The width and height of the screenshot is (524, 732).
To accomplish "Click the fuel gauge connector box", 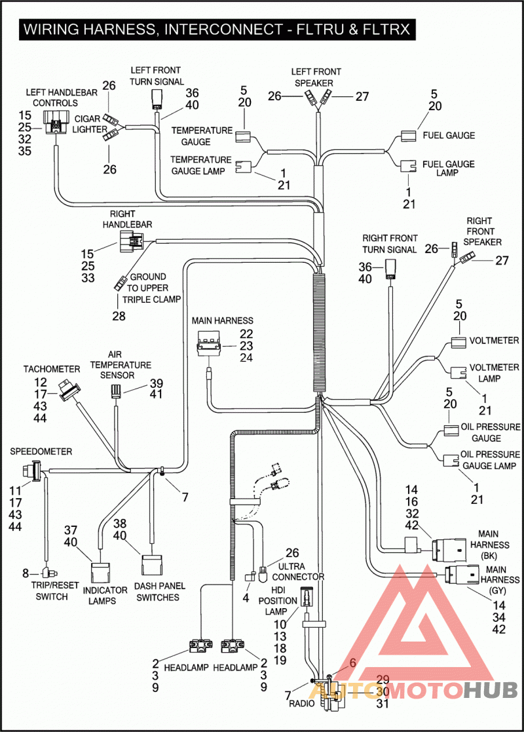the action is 408,136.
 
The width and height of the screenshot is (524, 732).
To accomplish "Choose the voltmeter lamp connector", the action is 458,372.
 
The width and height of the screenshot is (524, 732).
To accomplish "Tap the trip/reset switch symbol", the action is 48,572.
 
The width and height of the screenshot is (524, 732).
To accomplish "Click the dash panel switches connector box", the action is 151,566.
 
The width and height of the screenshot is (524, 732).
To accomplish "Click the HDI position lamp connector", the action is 306,596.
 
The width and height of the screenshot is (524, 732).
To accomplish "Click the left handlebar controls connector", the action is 56,123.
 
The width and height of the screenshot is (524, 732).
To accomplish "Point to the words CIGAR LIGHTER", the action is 88,124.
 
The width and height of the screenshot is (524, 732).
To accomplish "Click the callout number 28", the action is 119,316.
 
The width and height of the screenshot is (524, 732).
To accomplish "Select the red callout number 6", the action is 352,663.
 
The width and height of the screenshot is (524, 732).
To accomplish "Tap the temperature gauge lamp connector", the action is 243,166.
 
